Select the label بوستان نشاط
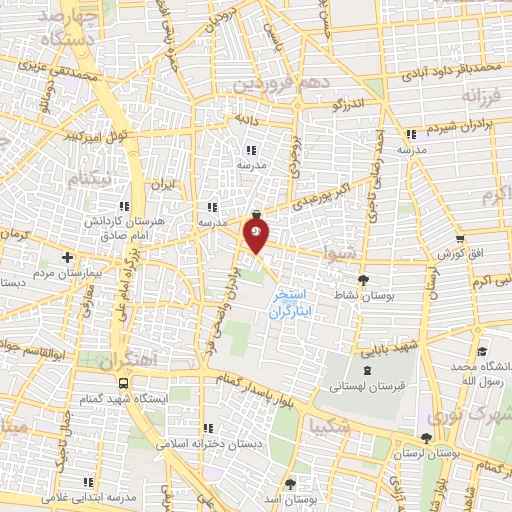362,297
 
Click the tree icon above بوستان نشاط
362,281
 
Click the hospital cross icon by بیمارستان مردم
67,256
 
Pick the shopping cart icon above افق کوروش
459,239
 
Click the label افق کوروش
461,255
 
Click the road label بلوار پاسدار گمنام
263,386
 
